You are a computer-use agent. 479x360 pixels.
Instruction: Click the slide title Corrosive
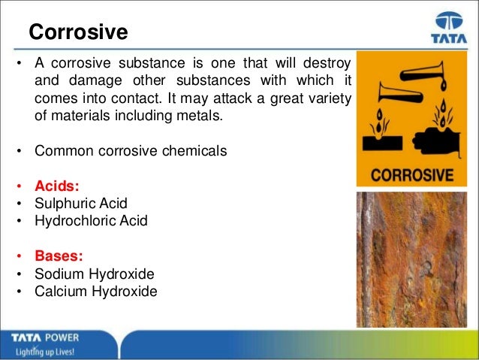click(x=78, y=33)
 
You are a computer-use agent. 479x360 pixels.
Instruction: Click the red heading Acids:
click(x=62, y=186)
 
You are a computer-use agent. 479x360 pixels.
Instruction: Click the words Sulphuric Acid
click(x=81, y=204)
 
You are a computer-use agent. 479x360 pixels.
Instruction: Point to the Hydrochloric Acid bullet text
click(x=91, y=221)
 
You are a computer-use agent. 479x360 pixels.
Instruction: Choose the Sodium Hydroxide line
click(x=95, y=274)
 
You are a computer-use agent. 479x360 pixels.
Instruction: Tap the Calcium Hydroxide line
click(x=96, y=292)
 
